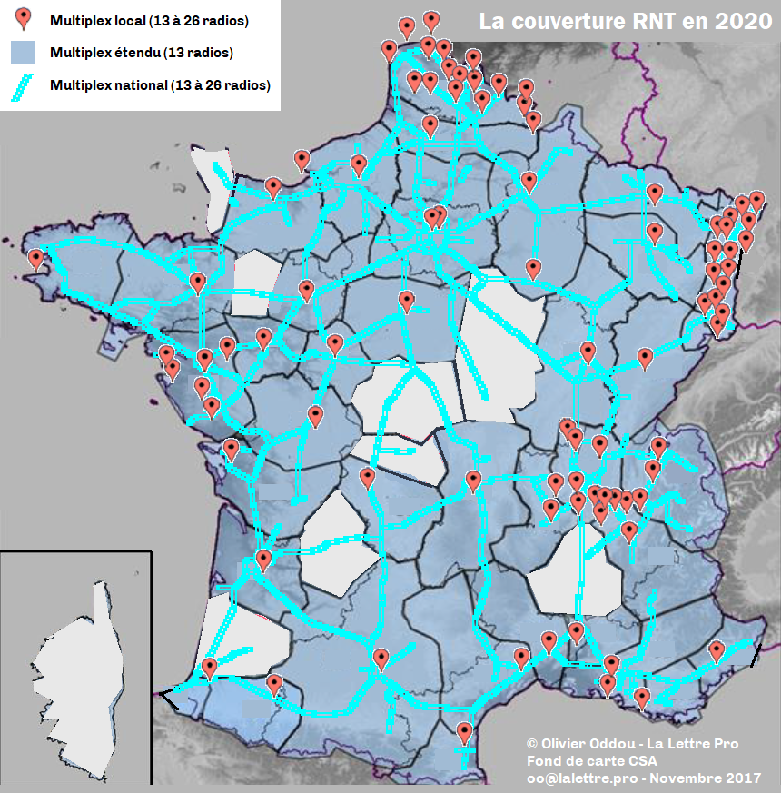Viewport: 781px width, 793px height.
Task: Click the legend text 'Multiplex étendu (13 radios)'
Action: click(x=142, y=53)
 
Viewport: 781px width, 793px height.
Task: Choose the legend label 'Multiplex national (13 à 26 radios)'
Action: click(x=161, y=86)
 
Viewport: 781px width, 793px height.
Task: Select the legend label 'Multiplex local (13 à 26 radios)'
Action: click(x=150, y=19)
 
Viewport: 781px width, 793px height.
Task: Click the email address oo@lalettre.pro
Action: click(x=579, y=778)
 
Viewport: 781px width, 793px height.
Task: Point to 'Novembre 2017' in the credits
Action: click(x=704, y=778)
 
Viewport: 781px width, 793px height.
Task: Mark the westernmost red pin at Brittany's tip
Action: click(x=36, y=259)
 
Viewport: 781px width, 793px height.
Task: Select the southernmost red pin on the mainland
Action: click(x=465, y=730)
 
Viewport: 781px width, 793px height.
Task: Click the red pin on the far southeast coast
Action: click(x=717, y=650)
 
